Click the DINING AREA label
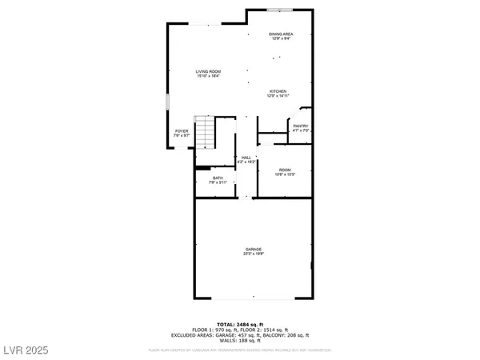pyautogui.click(x=281, y=34)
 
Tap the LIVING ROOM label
pyautogui.click(x=208, y=71)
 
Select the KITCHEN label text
pyautogui.click(x=278, y=91)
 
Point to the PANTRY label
pyautogui.click(x=301, y=126)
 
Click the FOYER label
pyautogui.click(x=182, y=131)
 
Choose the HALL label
pyautogui.click(x=246, y=158)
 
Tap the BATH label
pyautogui.click(x=218, y=178)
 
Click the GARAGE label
pyautogui.click(x=254, y=249)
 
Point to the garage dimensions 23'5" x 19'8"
pyautogui.click(x=254, y=254)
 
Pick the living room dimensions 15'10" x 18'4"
pyautogui.click(x=208, y=76)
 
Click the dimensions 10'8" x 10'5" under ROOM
pyautogui.click(x=285, y=174)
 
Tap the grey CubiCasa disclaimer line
pyautogui.click(x=240, y=350)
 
